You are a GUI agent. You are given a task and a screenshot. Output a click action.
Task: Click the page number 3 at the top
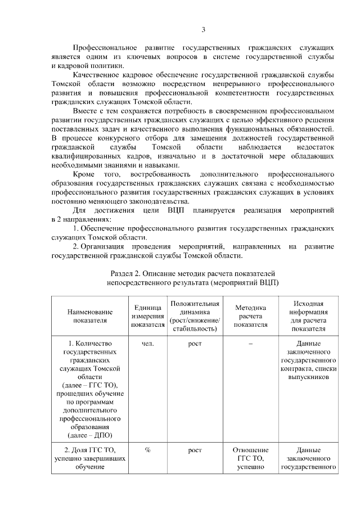pos(204,30)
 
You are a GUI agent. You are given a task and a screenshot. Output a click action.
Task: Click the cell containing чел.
pos(147,344)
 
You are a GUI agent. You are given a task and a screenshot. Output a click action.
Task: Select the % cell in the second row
pos(147,450)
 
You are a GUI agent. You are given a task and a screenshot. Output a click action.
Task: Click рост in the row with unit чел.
pos(195,344)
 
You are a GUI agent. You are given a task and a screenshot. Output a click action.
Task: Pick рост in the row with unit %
pos(195,450)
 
